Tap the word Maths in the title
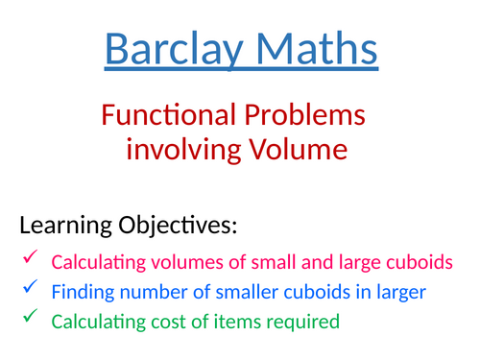click(x=314, y=49)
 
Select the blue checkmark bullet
click(x=30, y=287)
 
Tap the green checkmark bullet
click(x=30, y=315)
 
